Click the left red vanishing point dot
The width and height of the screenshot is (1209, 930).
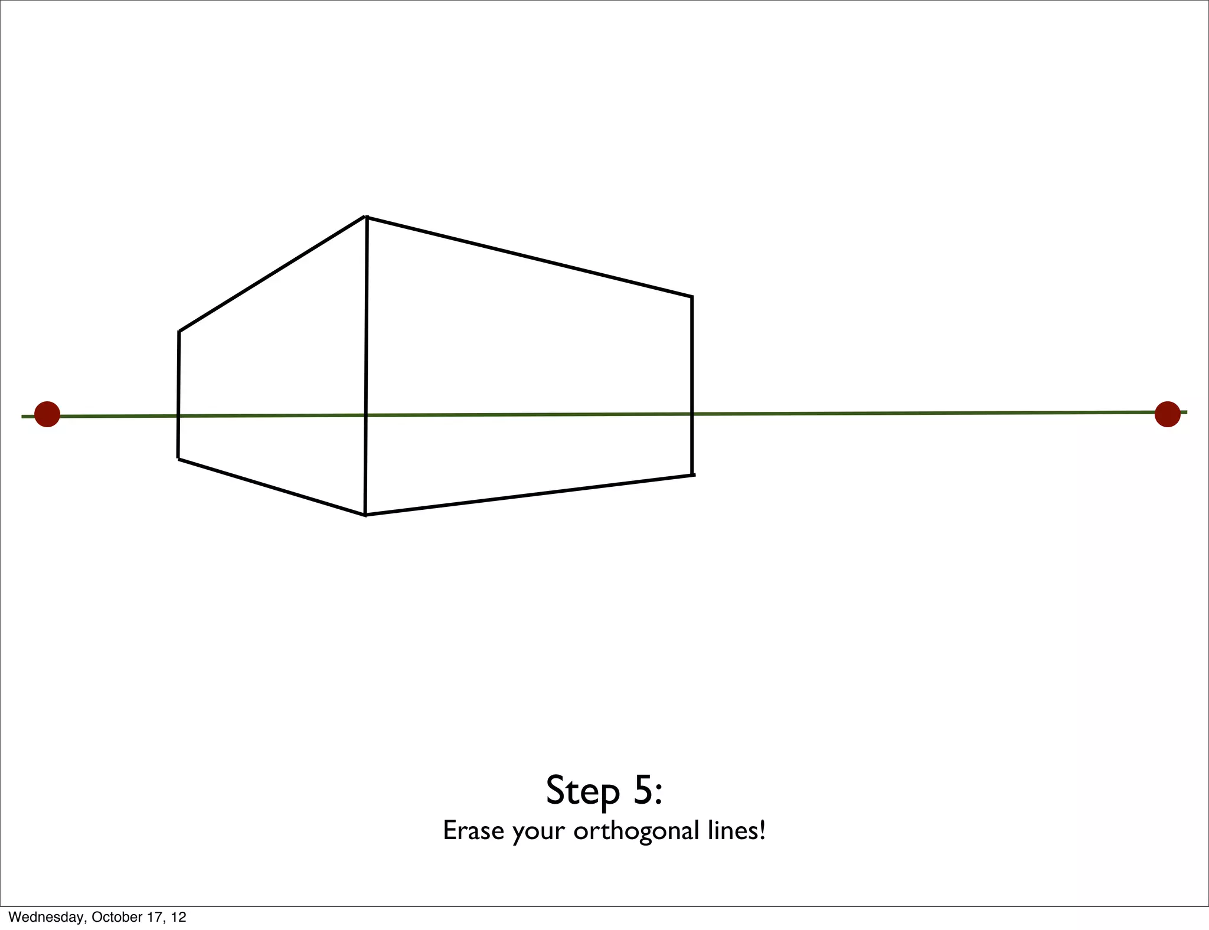(x=47, y=414)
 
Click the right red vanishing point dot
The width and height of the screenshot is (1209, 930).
(x=1167, y=414)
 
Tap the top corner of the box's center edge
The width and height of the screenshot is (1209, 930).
(x=367, y=217)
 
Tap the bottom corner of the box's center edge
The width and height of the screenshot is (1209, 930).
(x=365, y=515)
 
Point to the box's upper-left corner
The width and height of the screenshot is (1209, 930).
(x=179, y=332)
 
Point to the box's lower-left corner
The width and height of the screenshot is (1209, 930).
(x=178, y=459)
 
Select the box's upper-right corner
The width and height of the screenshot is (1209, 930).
(x=692, y=297)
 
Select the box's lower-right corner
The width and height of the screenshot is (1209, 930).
(x=692, y=475)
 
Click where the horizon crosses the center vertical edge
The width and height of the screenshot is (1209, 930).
(x=366, y=415)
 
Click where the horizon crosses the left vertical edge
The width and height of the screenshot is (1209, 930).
(x=179, y=416)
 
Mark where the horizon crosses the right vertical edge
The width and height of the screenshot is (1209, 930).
(x=692, y=414)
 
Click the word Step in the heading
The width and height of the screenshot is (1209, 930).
(x=582, y=791)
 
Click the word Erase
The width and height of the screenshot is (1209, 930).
(x=473, y=831)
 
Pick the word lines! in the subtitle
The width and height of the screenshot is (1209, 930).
(x=736, y=831)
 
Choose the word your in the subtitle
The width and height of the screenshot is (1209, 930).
(x=538, y=832)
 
